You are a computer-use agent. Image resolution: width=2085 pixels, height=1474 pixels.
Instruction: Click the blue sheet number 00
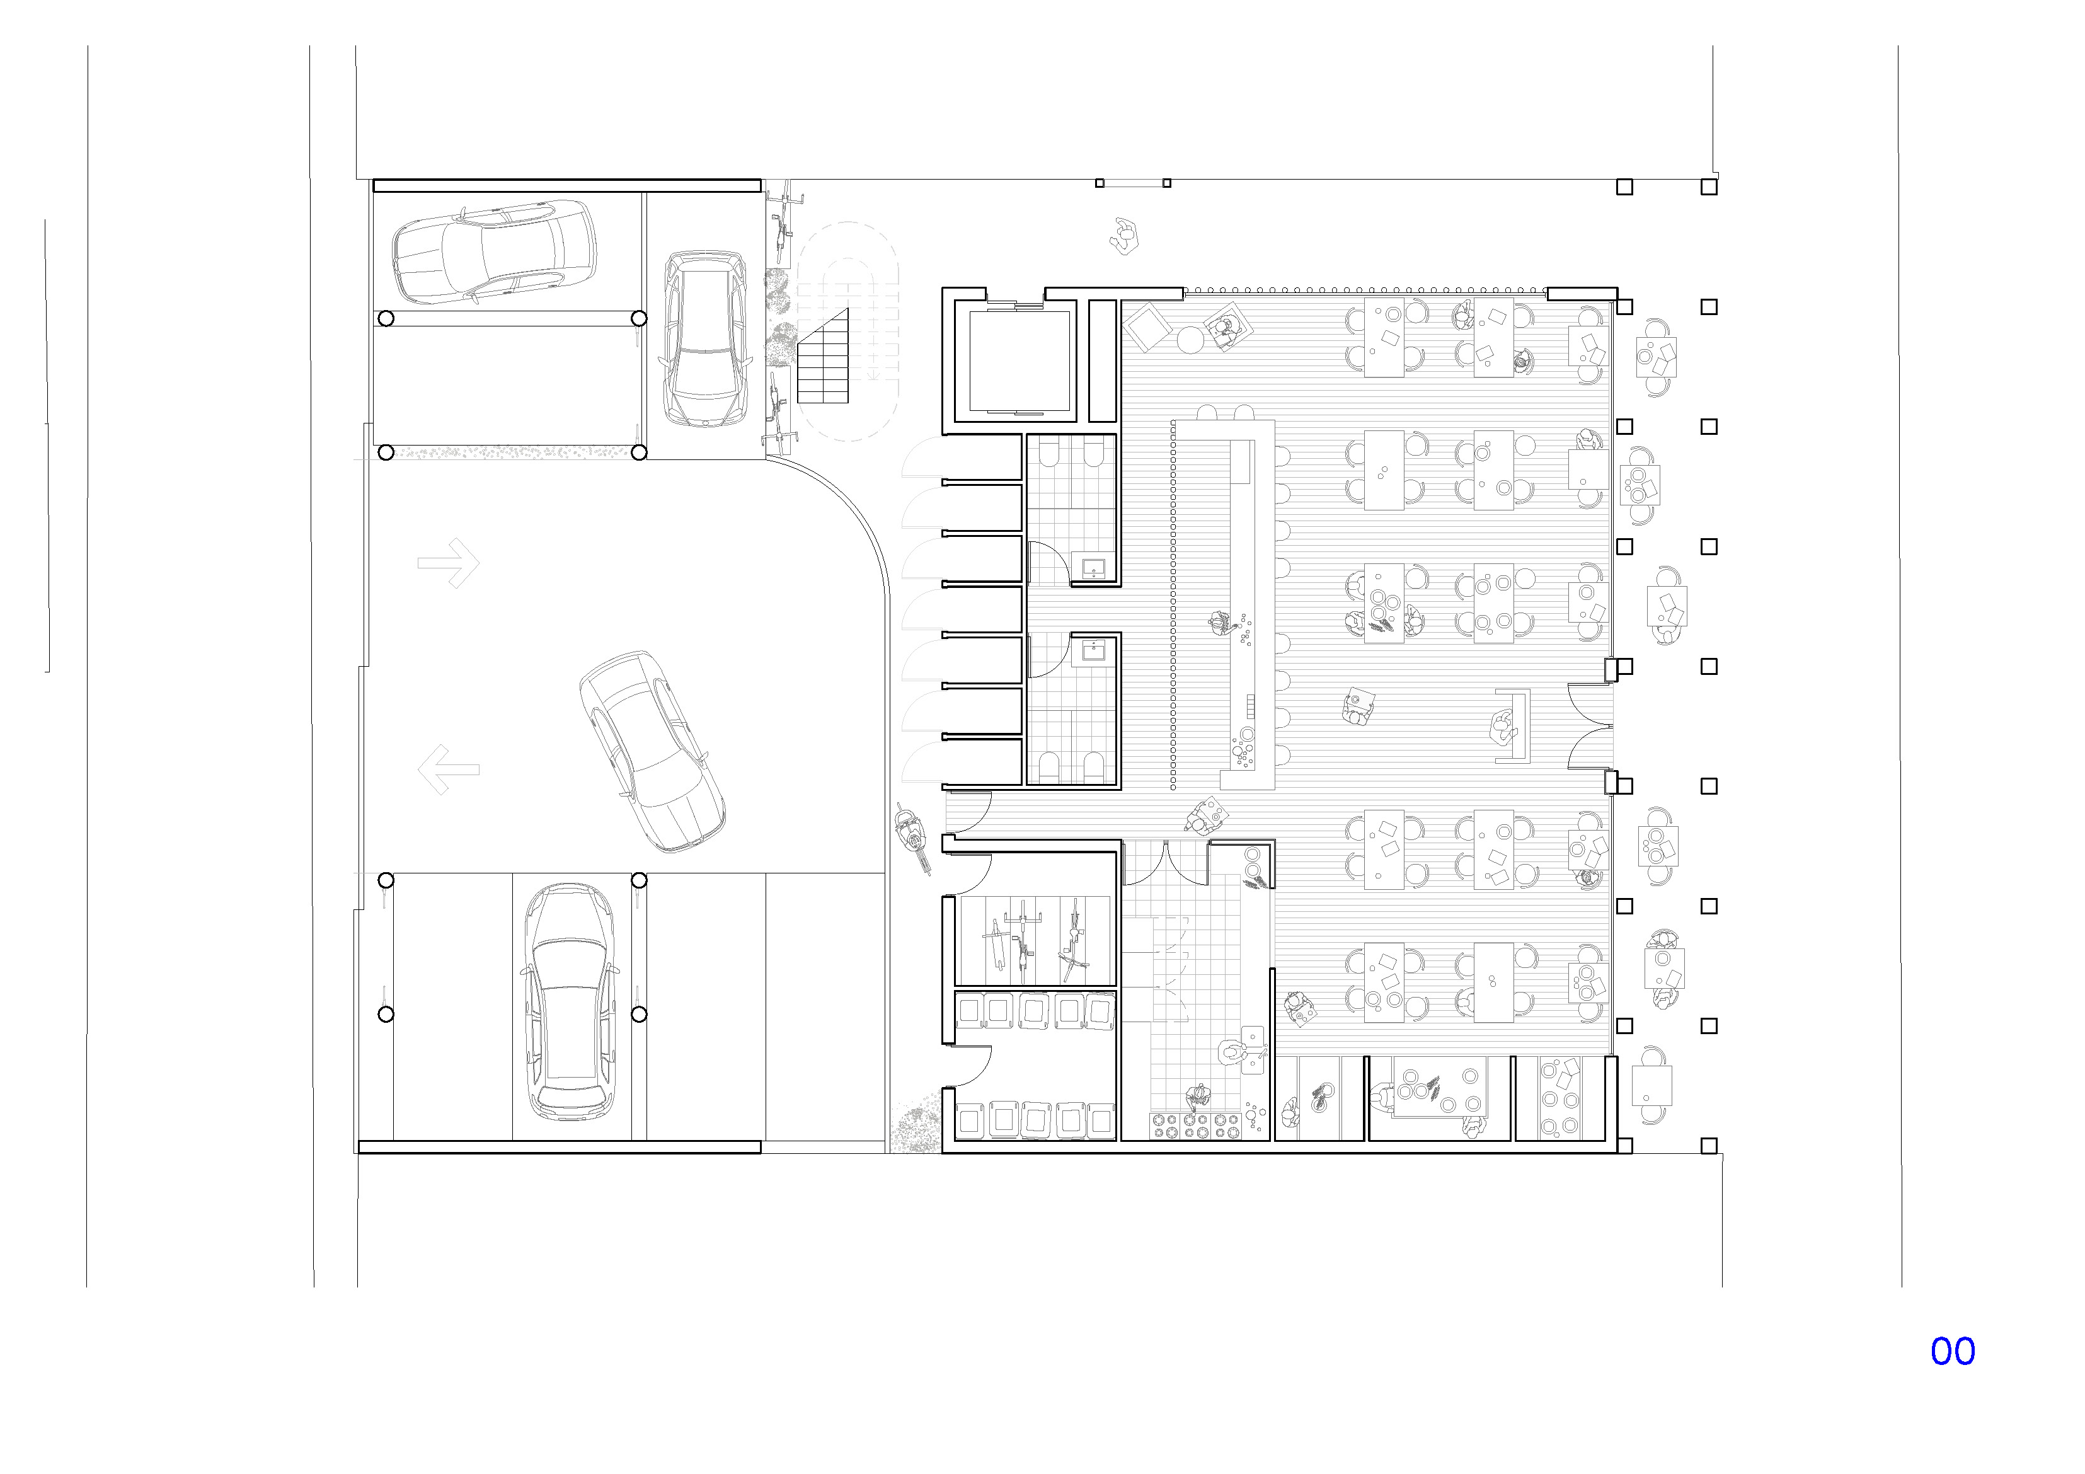coord(1953,1351)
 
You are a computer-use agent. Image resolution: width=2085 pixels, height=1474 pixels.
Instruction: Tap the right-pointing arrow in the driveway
coord(449,563)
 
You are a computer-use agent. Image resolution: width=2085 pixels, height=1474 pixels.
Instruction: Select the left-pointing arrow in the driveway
coord(449,769)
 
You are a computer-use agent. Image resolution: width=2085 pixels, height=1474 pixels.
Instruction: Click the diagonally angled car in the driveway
coord(652,752)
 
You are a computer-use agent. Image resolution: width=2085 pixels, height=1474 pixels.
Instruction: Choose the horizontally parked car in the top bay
coord(495,253)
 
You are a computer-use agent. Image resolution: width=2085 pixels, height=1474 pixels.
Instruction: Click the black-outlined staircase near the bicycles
coord(823,356)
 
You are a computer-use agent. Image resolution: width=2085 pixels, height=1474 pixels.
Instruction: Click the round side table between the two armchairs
coord(1190,340)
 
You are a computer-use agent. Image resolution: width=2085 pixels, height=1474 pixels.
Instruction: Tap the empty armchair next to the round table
coord(1147,326)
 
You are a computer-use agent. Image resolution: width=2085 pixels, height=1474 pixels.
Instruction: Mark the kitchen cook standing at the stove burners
coord(1198,1098)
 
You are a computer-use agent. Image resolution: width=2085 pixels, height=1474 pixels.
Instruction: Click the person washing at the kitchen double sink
coord(1232,1054)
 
